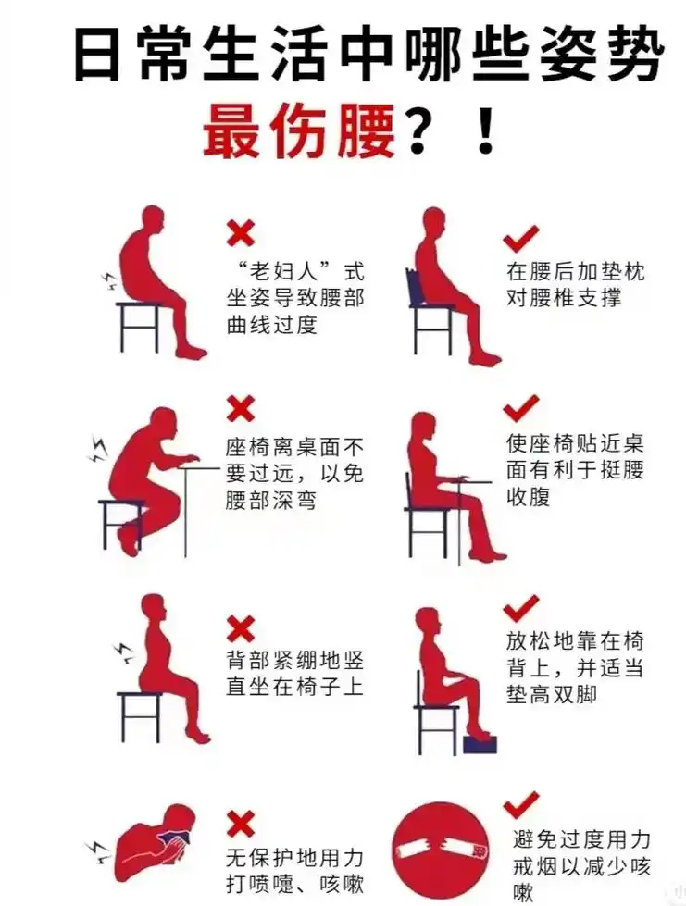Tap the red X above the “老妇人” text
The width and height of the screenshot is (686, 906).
(x=241, y=231)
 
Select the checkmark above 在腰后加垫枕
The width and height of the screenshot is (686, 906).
(x=521, y=240)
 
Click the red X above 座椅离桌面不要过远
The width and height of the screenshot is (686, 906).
(x=241, y=407)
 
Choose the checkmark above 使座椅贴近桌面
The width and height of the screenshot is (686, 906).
(x=521, y=407)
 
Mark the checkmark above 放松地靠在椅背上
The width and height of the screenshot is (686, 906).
(x=521, y=608)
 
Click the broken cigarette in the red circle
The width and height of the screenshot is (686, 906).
(x=440, y=850)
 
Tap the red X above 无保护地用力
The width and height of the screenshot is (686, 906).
(x=241, y=821)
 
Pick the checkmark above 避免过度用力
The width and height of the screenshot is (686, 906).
(x=521, y=804)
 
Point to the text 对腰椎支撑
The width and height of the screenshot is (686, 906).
(x=562, y=298)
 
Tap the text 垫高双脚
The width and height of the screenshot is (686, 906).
(x=551, y=694)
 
